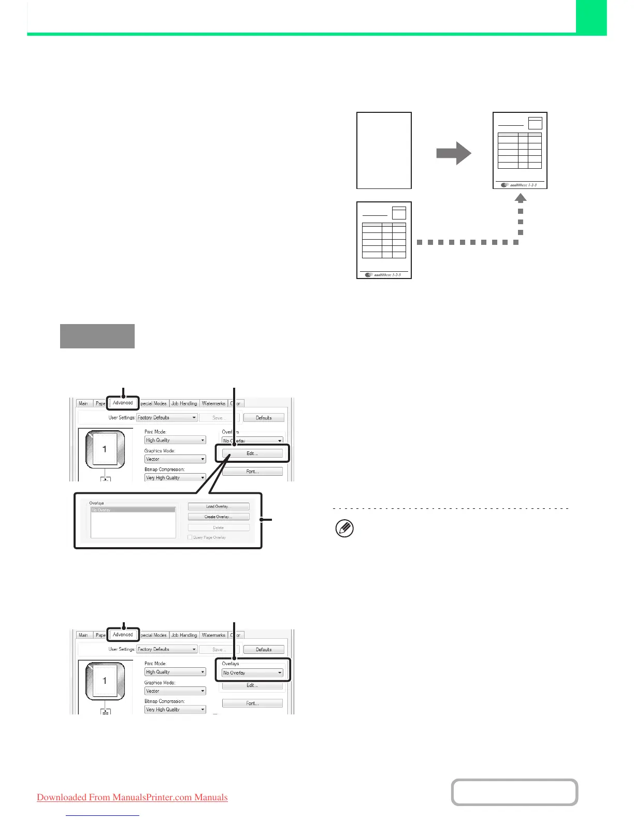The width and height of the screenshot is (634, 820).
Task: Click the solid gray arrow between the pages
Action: coord(453,153)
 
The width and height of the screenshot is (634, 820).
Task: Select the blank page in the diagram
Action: coord(384,150)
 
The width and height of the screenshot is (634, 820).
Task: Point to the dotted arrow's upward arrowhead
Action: coord(521,198)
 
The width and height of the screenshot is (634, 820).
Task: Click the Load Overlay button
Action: coord(218,506)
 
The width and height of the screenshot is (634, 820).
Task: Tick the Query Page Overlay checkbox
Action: coord(190,537)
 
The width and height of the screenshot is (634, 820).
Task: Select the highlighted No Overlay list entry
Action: coord(133,510)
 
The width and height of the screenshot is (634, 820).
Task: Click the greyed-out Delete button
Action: coord(218,528)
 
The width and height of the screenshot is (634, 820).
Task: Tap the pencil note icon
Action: coord(345,529)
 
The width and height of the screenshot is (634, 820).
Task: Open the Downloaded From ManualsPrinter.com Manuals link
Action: coord(132,797)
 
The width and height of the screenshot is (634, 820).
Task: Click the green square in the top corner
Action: coord(591,17)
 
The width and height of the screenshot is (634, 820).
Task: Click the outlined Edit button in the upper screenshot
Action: coord(252,453)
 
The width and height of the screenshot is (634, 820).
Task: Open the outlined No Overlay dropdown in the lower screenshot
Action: coord(252,672)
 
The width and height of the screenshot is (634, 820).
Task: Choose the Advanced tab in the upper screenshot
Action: coord(123,403)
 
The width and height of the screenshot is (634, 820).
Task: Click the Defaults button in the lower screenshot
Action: coord(264,649)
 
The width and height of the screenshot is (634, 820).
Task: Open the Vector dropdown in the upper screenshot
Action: coord(175,459)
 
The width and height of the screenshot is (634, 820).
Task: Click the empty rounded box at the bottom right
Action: coord(514,792)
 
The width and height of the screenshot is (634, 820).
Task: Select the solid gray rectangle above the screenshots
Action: coord(97,336)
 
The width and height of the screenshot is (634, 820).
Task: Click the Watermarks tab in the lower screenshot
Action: coord(213,635)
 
